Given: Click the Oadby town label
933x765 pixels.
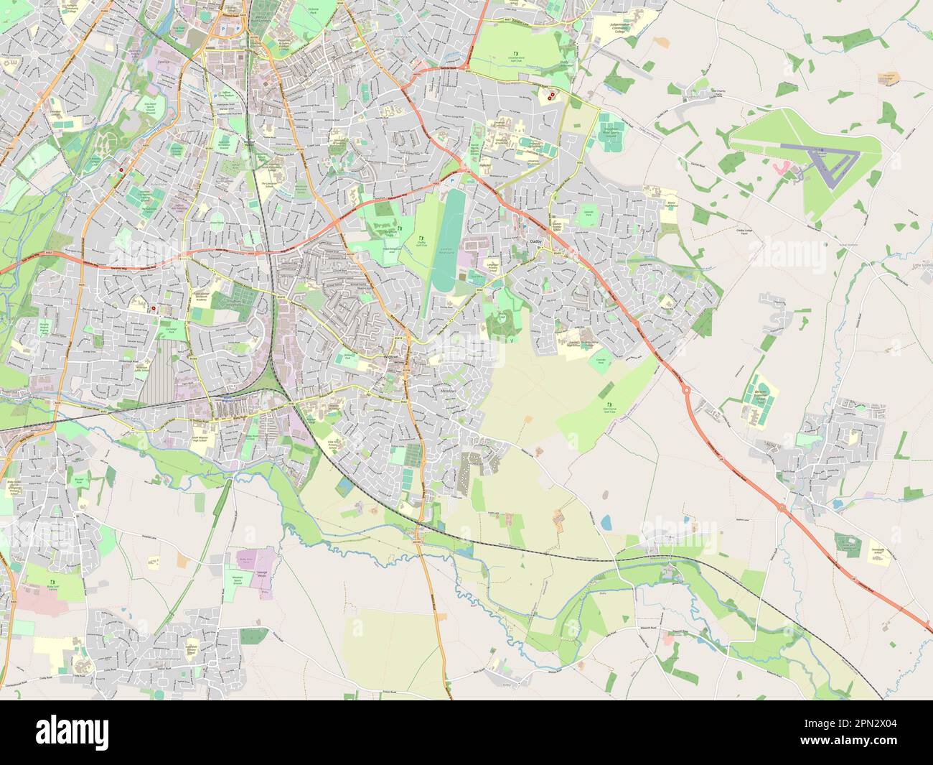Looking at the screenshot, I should [535, 242].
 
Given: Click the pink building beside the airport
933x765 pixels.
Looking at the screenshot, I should [782, 168].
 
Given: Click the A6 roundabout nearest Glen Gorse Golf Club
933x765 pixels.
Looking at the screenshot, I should [686, 391].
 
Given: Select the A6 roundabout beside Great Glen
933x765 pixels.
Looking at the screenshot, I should [782, 508].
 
